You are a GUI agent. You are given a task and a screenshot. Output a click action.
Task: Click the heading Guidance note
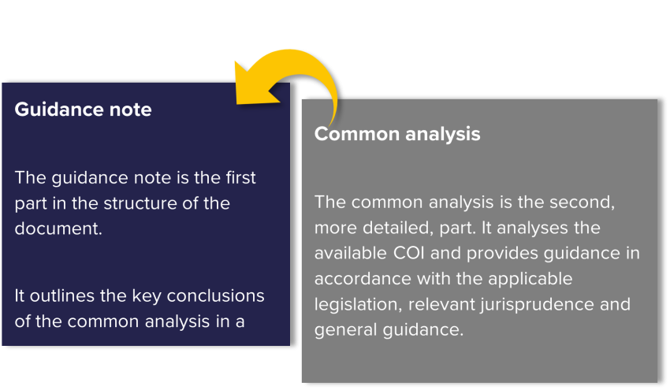click(x=83, y=110)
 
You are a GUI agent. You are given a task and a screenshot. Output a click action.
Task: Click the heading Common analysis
click(x=397, y=134)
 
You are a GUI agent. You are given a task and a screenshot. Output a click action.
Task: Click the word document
click(x=58, y=228)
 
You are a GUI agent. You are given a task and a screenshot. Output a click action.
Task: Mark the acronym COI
click(x=409, y=254)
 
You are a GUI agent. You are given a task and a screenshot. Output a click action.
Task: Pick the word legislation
click(x=358, y=305)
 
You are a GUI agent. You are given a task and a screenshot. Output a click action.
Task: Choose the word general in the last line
click(x=346, y=331)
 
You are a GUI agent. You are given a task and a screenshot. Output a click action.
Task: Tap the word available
click(x=351, y=254)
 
